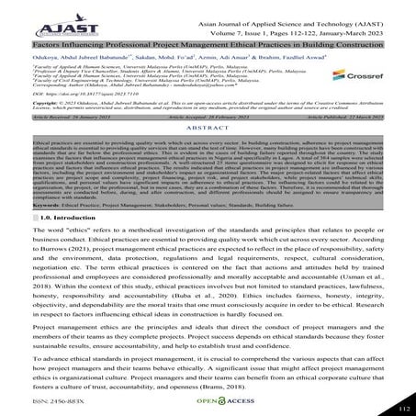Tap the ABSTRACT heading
208,154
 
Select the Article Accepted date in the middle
208,144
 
